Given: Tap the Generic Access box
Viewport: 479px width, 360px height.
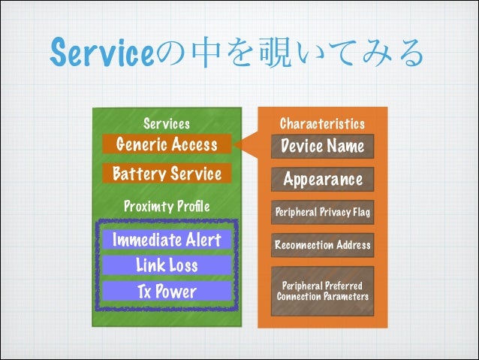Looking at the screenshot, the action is [x=166, y=144].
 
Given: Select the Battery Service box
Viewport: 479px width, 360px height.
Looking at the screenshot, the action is [x=166, y=174].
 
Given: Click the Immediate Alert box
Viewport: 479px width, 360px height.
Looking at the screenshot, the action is [x=166, y=241].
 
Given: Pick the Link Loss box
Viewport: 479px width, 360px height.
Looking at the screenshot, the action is [x=166, y=265].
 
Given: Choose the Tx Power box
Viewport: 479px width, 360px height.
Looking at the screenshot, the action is [x=166, y=292].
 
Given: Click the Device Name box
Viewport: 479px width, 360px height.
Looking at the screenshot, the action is [x=322, y=146].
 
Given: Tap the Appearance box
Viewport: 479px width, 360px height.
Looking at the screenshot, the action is [x=322, y=180].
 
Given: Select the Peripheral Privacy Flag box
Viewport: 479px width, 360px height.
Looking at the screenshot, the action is [x=322, y=213].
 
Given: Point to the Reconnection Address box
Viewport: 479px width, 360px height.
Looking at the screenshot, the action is [x=322, y=245].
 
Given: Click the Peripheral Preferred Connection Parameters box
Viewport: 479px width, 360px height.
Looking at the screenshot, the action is [x=322, y=291].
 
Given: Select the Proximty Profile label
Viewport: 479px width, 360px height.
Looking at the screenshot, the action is [x=166, y=206].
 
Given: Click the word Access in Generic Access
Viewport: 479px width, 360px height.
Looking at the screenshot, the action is [x=193, y=144].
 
